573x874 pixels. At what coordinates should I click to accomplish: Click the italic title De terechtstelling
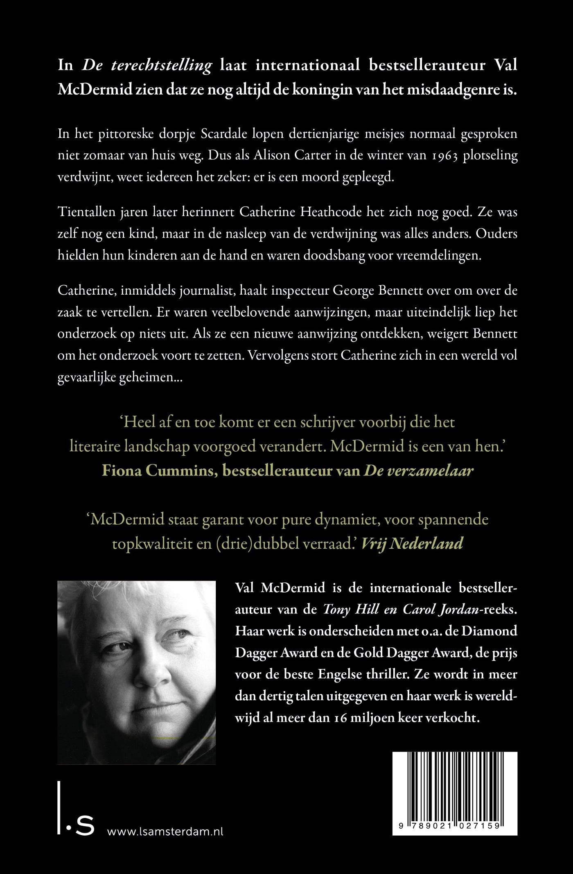147,65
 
